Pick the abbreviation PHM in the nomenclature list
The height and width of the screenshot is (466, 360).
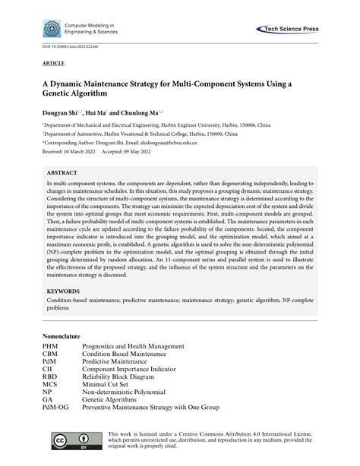49,345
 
